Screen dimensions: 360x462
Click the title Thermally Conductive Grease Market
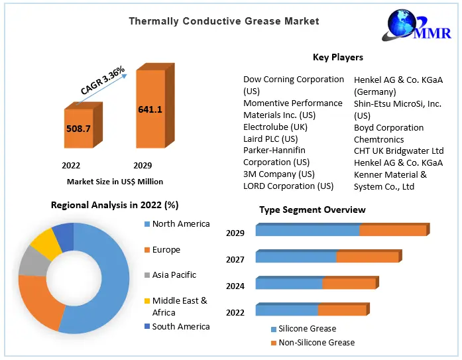[224, 21]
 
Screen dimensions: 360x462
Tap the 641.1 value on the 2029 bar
[150, 109]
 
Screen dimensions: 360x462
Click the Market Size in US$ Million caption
[115, 181]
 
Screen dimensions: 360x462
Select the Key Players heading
[337, 57]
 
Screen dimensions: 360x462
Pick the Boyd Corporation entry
[388, 127]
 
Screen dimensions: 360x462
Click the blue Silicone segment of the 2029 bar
[307, 231]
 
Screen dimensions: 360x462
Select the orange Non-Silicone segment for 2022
[341, 310]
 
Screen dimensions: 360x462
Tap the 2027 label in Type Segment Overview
[235, 259]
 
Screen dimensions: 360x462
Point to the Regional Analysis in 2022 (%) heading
[115, 205]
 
